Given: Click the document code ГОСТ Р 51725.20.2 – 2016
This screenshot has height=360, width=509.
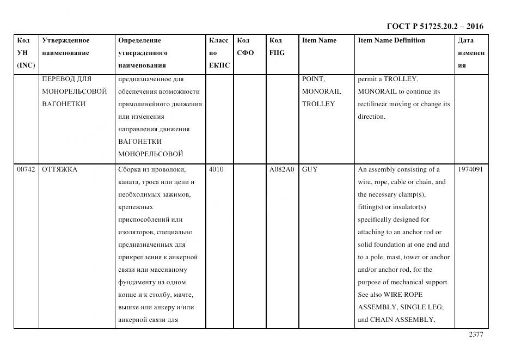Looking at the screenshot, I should tap(434, 26).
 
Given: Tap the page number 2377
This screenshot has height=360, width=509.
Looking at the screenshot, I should tap(475, 335).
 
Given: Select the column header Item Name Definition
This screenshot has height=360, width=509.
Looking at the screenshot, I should tap(391, 40).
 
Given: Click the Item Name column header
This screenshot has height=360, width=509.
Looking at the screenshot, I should tap(319, 40).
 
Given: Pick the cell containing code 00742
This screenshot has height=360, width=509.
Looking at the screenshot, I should tap(26, 169).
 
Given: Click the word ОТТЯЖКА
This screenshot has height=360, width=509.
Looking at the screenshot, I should tap(60, 169).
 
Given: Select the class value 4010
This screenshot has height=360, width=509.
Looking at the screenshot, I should tap(216, 169).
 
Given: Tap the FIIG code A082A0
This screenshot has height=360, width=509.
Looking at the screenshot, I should tap(281, 169).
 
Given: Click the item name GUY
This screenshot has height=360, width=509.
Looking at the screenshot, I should tap(310, 169).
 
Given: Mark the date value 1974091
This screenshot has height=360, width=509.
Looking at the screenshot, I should tap(470, 169).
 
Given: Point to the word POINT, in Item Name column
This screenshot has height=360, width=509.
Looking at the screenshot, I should tap(314, 79).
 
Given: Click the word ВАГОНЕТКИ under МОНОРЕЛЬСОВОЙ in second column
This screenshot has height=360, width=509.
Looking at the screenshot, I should tap(64, 104).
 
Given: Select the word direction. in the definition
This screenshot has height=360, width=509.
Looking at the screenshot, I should tap(371, 117).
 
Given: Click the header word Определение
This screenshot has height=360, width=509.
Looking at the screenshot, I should tap(139, 40).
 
